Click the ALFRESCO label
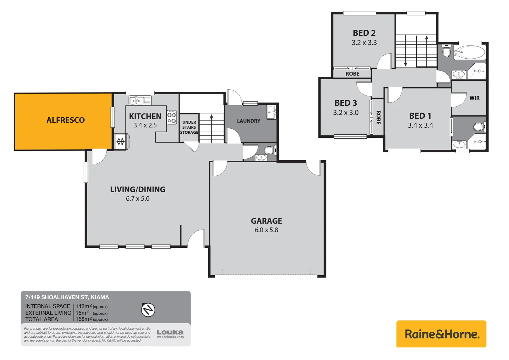click(x=66, y=120)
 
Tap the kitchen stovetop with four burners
click(x=172, y=117)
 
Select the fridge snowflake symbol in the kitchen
click(x=121, y=142)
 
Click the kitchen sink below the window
click(x=140, y=100)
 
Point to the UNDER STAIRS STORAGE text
click(x=189, y=127)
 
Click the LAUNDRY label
click(x=249, y=121)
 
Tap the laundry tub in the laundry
click(x=271, y=112)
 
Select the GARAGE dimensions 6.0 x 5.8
click(x=266, y=230)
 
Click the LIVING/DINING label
click(x=138, y=189)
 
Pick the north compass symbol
click(x=148, y=310)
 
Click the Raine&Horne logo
click(x=441, y=334)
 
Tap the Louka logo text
click(x=170, y=332)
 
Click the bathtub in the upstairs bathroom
click(x=469, y=52)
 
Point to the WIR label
click(x=474, y=98)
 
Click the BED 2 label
click(x=364, y=33)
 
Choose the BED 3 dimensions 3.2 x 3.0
click(x=346, y=113)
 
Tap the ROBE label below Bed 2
click(x=352, y=74)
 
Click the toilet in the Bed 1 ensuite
click(x=479, y=127)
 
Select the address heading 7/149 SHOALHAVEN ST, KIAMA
click(x=67, y=297)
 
